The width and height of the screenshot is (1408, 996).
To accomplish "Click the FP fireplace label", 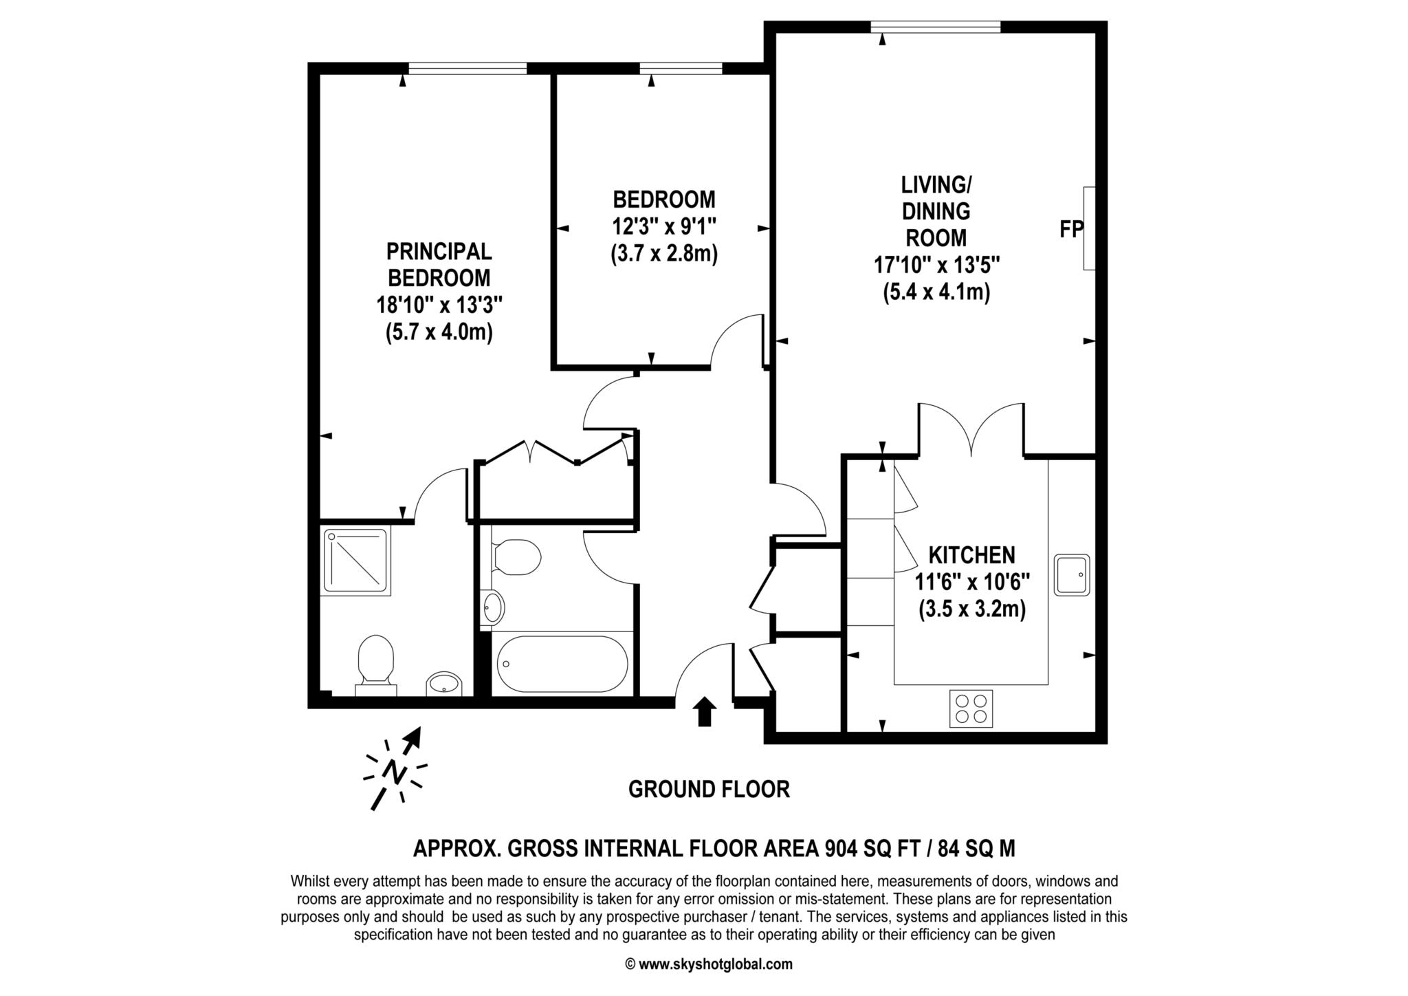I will [x=1071, y=229].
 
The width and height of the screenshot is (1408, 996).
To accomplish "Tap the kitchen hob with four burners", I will [x=971, y=708].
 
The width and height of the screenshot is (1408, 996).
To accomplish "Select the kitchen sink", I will [x=1072, y=575].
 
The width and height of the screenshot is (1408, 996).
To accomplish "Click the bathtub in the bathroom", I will [x=562, y=664].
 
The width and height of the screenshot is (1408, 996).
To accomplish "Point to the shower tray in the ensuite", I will [x=355, y=560].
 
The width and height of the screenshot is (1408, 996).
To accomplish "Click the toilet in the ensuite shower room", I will [x=375, y=662].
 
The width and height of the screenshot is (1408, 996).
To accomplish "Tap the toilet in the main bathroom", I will [x=516, y=556].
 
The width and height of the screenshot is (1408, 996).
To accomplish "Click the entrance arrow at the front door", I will [x=704, y=711].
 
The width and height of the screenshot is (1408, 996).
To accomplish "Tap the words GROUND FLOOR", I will [x=709, y=789].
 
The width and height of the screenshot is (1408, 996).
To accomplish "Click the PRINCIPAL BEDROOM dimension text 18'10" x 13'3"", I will [x=439, y=304].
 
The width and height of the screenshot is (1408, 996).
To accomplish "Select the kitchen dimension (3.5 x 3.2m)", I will [x=971, y=609].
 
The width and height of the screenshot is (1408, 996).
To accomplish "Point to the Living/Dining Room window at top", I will [x=935, y=27].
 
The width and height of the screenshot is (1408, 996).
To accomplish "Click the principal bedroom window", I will [x=467, y=68].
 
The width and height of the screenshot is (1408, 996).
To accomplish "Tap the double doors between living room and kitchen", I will [x=971, y=431].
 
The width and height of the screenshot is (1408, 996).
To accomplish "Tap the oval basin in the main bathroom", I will [x=493, y=607].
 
